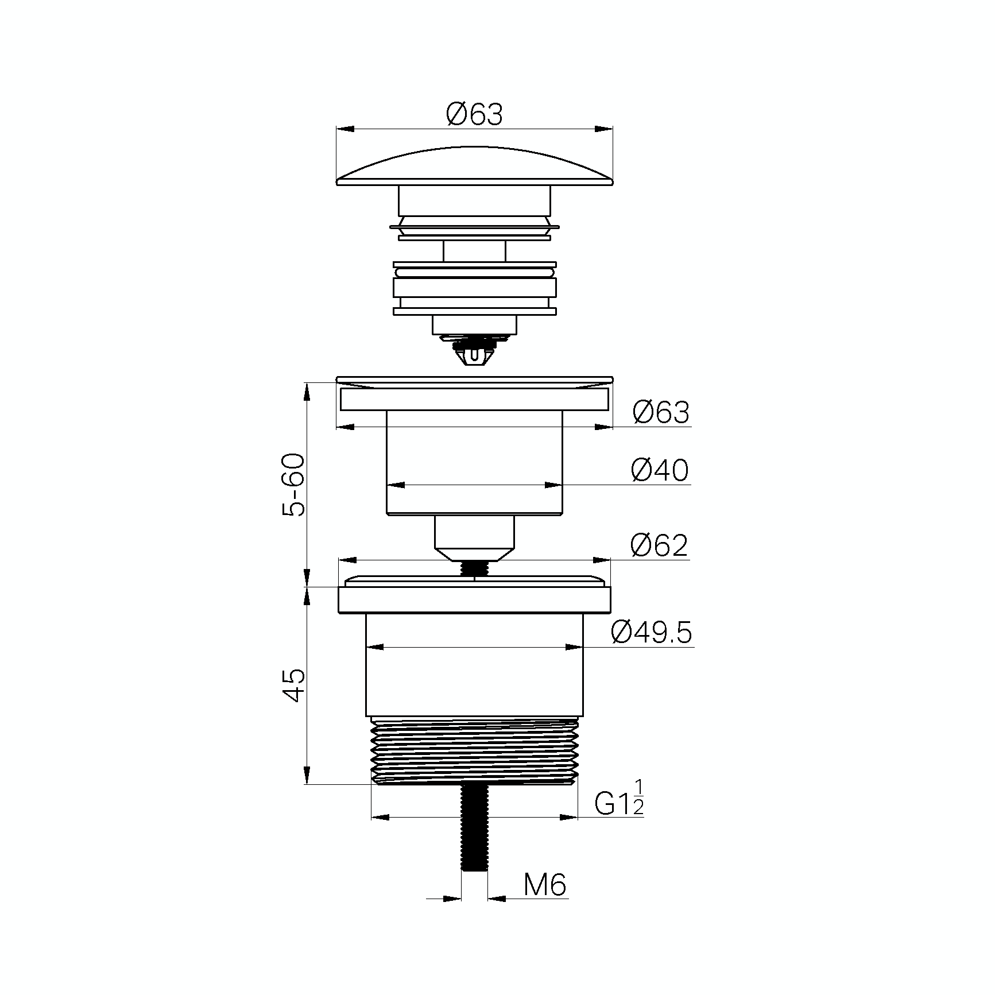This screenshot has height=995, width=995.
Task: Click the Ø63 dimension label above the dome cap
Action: pyautogui.click(x=474, y=114)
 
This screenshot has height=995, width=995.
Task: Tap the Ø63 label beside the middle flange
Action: pyautogui.click(x=661, y=412)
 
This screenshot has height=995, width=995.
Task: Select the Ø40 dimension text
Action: pyautogui.click(x=660, y=470)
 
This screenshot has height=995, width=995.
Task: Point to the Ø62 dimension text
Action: pyautogui.click(x=659, y=545)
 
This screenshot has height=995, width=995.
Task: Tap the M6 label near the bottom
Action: pyautogui.click(x=545, y=901)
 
